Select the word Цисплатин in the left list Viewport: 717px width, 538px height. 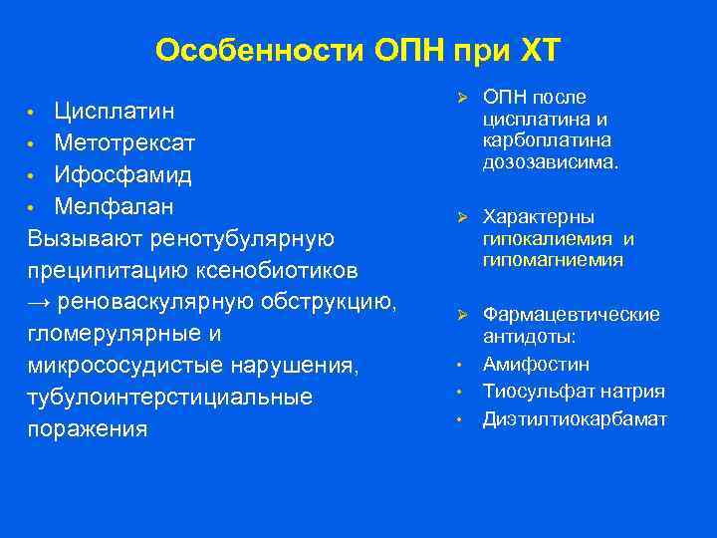pyautogui.click(x=115, y=108)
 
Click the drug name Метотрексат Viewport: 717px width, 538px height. pyautogui.click(x=124, y=142)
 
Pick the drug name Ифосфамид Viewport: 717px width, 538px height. pyautogui.click(x=123, y=175)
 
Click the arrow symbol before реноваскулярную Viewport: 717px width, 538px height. pyautogui.click(x=40, y=303)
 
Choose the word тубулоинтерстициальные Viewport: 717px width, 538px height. pyautogui.click(x=170, y=398)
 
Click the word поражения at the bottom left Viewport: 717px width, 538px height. pyautogui.click(x=88, y=429)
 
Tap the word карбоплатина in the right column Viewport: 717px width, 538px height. pyautogui.click(x=547, y=139)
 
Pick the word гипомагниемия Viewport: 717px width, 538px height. pyautogui.click(x=553, y=260)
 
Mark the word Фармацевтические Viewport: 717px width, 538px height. pyautogui.click(x=571, y=314)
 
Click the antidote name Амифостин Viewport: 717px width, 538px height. pyautogui.click(x=536, y=365)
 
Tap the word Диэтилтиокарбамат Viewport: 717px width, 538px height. pyautogui.click(x=575, y=418)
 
